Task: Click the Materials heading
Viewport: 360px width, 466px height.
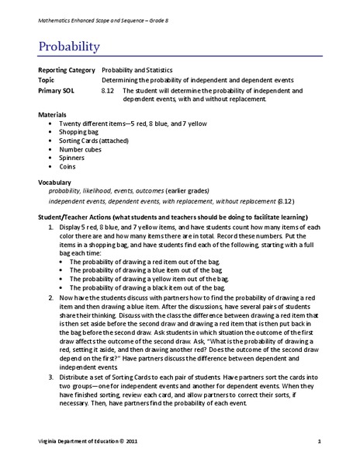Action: (54, 115)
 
